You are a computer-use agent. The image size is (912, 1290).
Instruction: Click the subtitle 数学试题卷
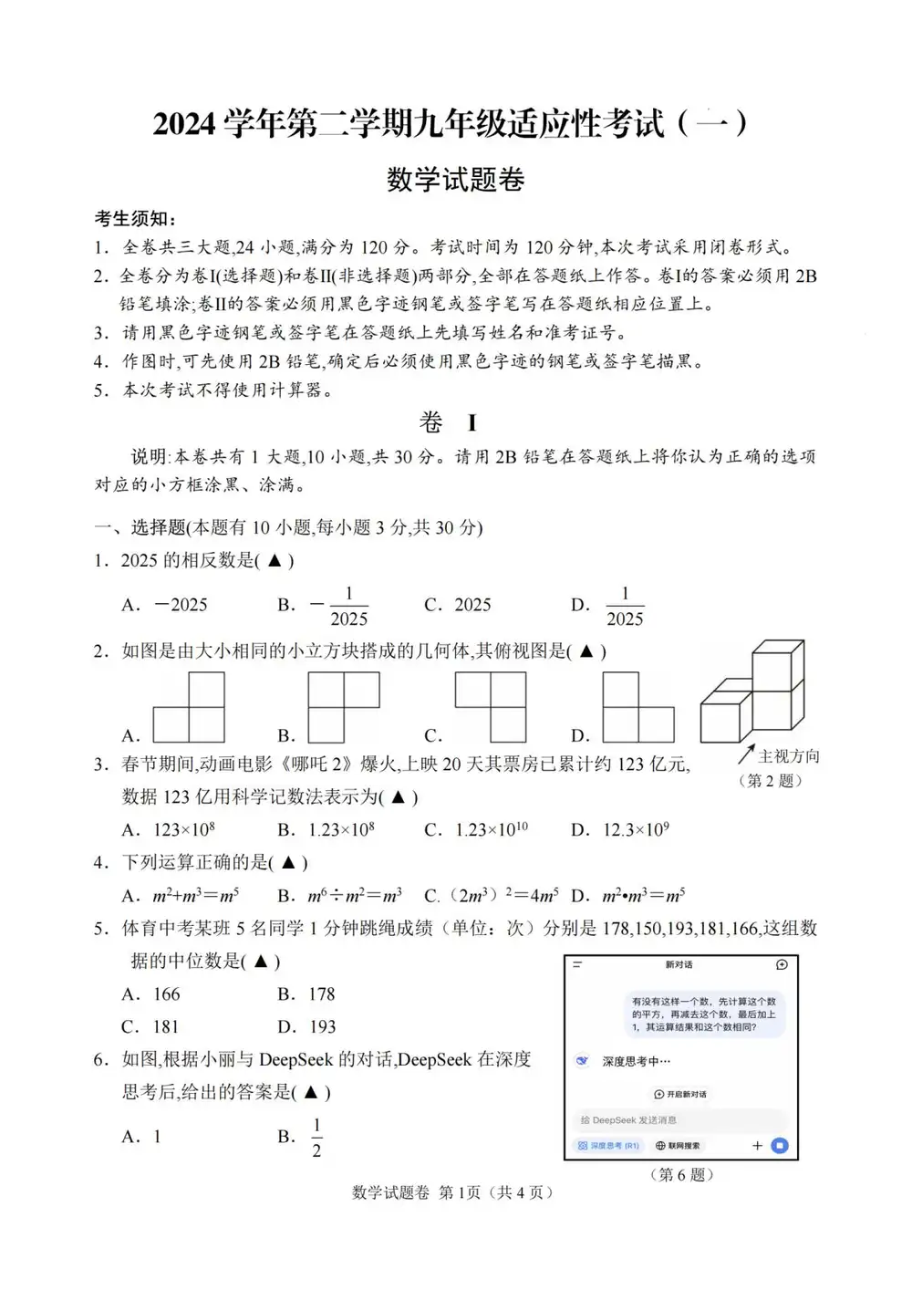(455, 180)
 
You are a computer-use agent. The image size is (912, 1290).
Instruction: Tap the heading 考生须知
(135, 219)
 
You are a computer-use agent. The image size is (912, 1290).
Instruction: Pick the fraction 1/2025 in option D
(625, 606)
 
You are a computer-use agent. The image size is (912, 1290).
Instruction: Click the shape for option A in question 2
(189, 708)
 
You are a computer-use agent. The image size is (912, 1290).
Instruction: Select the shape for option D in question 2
(638, 708)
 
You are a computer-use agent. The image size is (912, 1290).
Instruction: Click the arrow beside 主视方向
(746, 754)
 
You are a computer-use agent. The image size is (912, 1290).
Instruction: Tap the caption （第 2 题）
(770, 781)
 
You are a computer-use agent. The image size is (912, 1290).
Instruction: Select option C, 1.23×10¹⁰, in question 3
(492, 829)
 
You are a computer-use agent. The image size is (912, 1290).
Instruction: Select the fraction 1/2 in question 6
(316, 1138)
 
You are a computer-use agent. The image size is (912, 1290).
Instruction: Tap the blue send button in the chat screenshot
(780, 1146)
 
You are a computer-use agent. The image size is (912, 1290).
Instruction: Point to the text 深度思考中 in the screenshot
(636, 1061)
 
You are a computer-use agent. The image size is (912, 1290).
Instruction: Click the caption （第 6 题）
(681, 1175)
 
